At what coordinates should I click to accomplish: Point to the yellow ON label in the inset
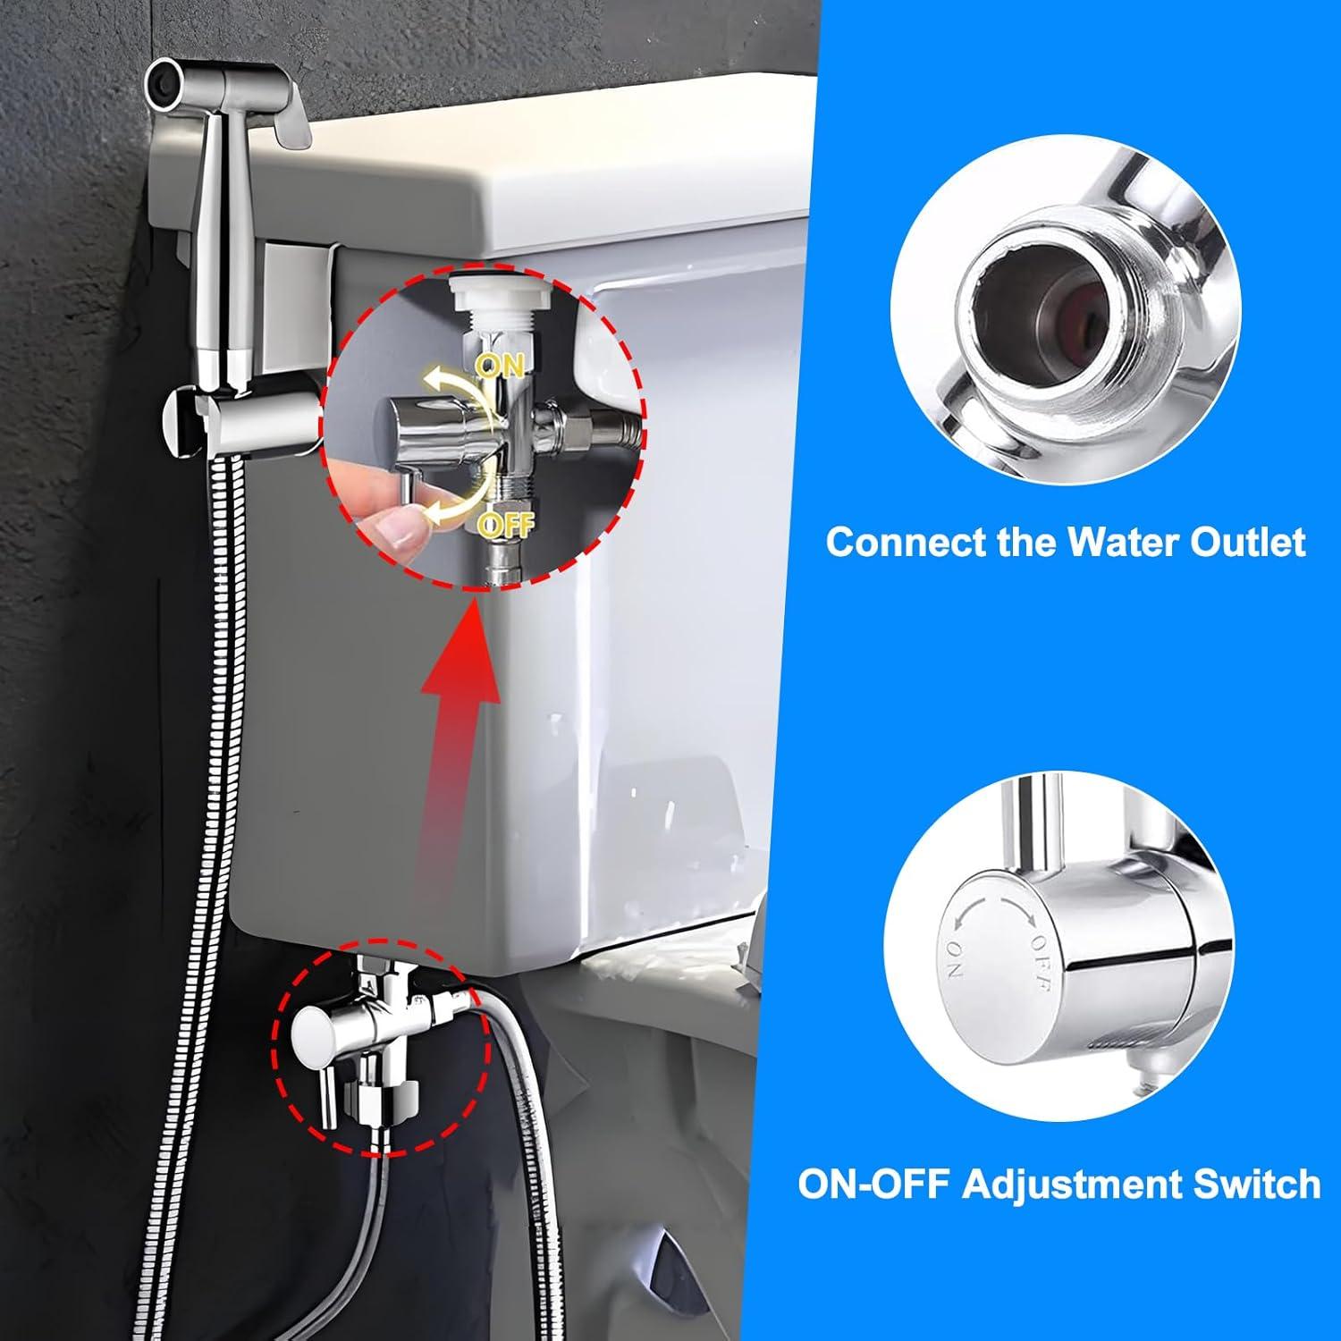pyautogui.click(x=501, y=365)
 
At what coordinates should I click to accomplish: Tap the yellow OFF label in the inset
pyautogui.click(x=506, y=523)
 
